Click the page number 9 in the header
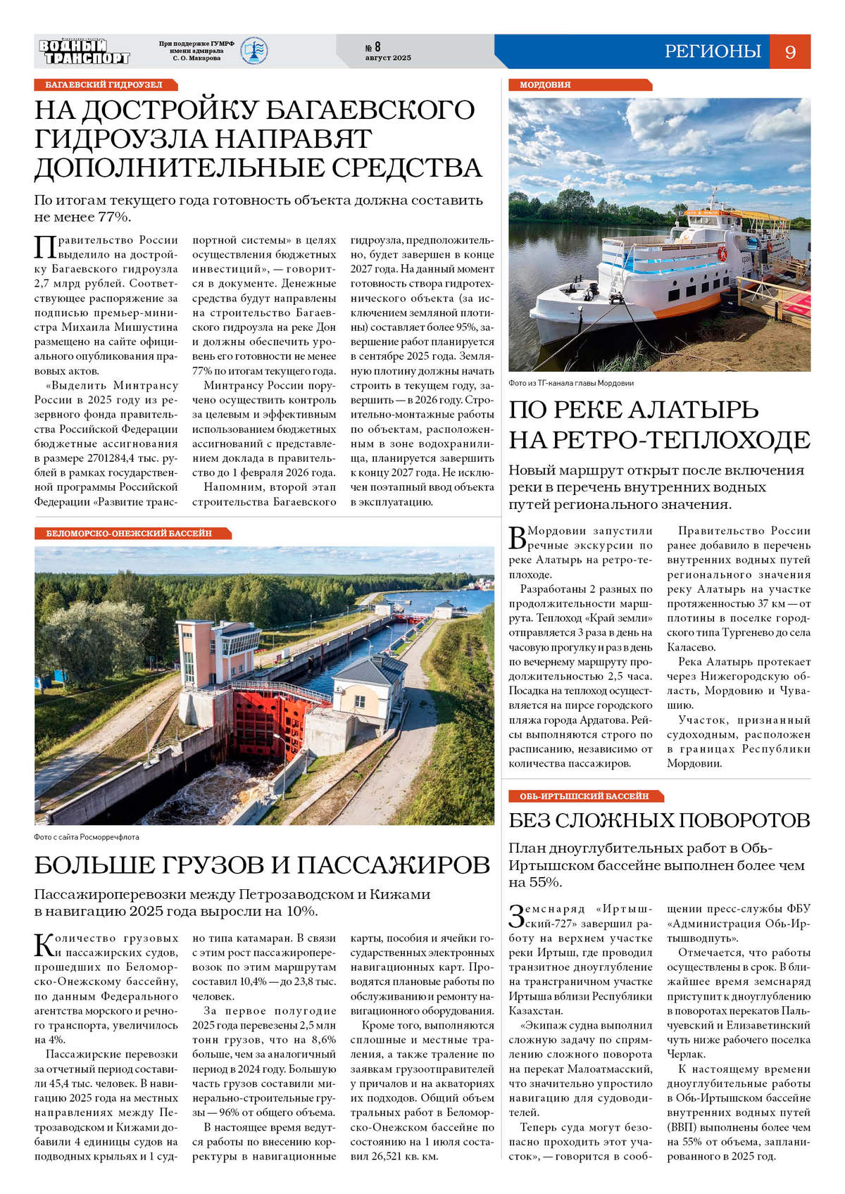coord(790,52)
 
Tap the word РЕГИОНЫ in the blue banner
coord(713,51)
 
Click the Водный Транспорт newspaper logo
coord(84,51)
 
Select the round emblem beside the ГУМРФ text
coord(254,51)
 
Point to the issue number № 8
coord(373,47)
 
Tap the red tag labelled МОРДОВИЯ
coord(545,84)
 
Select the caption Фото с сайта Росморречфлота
coord(87,837)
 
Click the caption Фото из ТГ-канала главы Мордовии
coord(571,383)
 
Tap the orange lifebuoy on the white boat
coord(722,253)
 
